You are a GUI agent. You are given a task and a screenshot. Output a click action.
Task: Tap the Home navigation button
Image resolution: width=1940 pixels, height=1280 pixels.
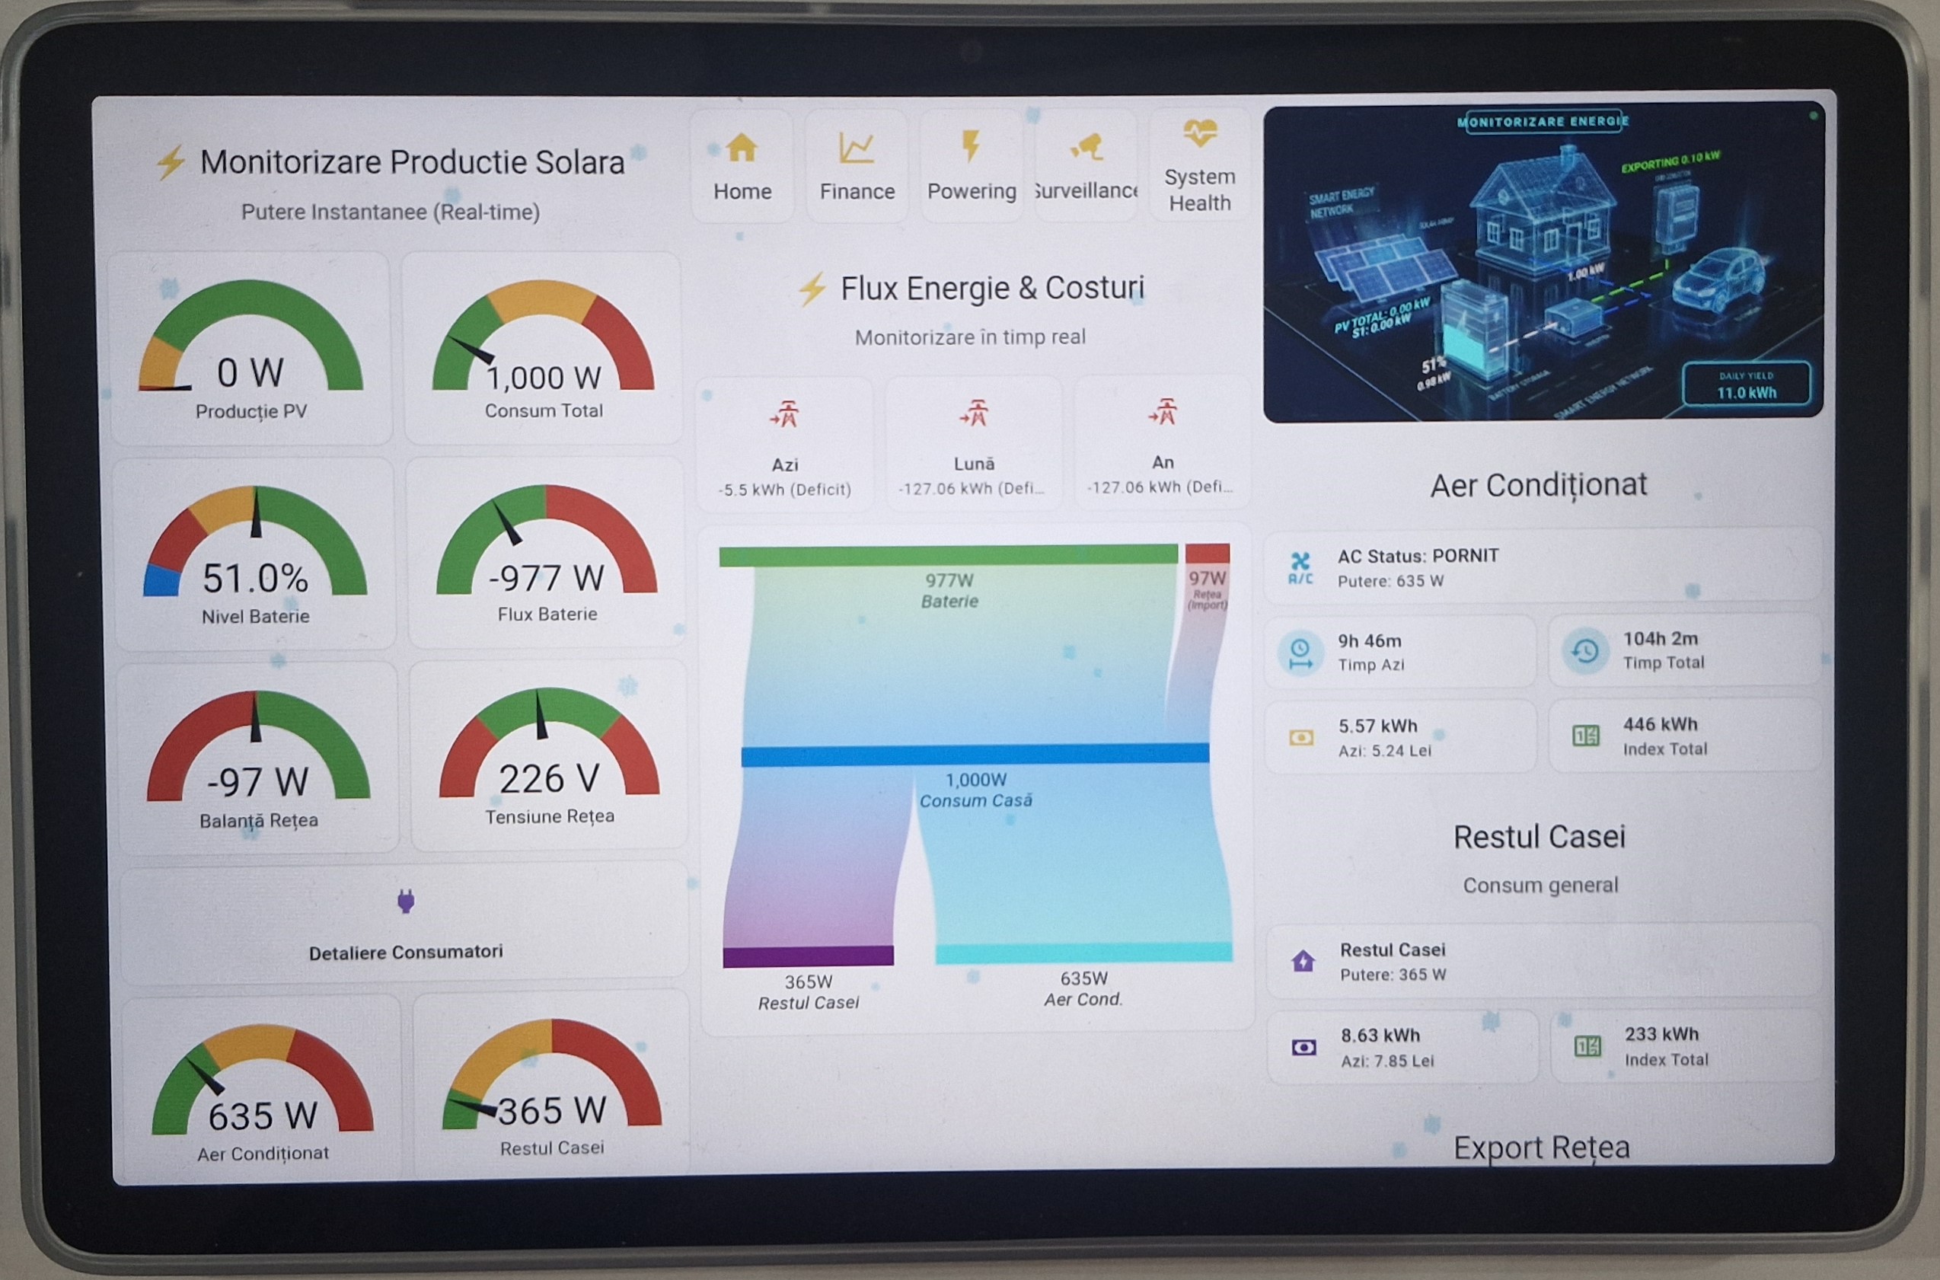[742, 168]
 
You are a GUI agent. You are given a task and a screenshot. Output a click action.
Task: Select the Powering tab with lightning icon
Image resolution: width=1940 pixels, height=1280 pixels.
[972, 168]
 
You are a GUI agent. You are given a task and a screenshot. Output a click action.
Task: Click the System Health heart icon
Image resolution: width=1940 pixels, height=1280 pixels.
[1200, 132]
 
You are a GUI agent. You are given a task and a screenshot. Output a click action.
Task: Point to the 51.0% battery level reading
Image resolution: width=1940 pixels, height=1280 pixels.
[256, 578]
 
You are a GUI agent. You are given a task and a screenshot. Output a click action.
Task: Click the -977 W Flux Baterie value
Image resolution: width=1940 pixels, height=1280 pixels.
[547, 578]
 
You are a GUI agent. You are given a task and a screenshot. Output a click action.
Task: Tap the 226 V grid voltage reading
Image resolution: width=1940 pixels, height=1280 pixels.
[549, 779]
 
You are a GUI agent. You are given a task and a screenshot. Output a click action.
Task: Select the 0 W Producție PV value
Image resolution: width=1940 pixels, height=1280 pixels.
[250, 373]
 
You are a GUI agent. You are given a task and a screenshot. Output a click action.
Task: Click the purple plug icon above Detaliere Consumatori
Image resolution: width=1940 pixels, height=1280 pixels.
[406, 902]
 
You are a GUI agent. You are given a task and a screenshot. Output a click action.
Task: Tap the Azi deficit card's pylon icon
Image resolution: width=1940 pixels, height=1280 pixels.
[785, 415]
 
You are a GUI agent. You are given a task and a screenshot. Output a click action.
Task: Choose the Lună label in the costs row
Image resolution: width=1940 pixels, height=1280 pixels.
[975, 464]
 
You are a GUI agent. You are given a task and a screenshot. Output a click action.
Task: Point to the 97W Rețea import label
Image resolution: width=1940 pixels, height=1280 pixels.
[1207, 579]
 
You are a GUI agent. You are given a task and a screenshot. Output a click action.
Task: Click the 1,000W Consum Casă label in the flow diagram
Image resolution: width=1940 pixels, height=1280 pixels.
[976, 790]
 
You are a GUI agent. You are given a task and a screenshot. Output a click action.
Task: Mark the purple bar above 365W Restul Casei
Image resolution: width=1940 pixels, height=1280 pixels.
[808, 956]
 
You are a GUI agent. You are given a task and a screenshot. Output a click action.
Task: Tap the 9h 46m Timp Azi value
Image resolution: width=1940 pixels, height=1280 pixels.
[1370, 641]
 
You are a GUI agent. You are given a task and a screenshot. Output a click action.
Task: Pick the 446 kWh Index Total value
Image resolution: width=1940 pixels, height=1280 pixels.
[1660, 724]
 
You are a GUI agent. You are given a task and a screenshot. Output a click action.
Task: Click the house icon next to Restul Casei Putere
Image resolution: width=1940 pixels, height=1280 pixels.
[1303, 961]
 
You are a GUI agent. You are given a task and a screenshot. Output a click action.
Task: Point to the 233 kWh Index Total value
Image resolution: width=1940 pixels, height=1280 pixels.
[1661, 1034]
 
